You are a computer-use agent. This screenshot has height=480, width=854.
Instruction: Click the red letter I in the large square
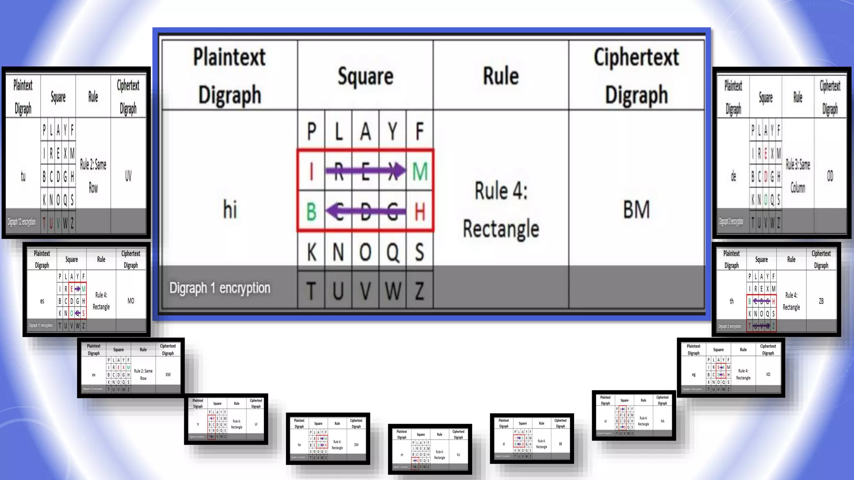[x=311, y=171]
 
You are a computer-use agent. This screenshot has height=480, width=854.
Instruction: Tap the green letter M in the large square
[x=419, y=171]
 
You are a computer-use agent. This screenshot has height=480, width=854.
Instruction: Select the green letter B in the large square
[x=311, y=212]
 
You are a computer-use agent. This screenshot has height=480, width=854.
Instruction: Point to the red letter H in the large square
[x=419, y=212]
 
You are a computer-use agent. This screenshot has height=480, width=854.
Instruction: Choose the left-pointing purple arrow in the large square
[x=365, y=211]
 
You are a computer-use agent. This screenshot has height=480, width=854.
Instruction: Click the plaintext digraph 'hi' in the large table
[x=230, y=209]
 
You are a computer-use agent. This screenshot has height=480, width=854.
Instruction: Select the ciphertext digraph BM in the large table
[x=636, y=209]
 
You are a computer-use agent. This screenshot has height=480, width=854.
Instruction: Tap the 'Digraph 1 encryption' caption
[x=220, y=288]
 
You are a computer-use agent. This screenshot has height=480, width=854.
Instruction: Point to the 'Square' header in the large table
[x=365, y=76]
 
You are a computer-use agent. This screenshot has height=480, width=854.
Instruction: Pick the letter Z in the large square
[x=419, y=291]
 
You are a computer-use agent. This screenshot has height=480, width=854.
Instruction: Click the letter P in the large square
[x=311, y=132]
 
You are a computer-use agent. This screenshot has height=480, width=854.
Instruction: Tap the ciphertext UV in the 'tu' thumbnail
[x=128, y=176]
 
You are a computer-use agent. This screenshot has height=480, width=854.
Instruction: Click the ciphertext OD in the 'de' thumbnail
[x=830, y=176]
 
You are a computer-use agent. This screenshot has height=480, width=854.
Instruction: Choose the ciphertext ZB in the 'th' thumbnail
[x=821, y=301]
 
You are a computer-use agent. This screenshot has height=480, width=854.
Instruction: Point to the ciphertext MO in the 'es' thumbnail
[x=131, y=301]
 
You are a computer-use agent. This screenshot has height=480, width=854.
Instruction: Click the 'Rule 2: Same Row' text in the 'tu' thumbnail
[x=93, y=176]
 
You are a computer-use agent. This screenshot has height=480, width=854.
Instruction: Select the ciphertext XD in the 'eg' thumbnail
[x=768, y=374]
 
